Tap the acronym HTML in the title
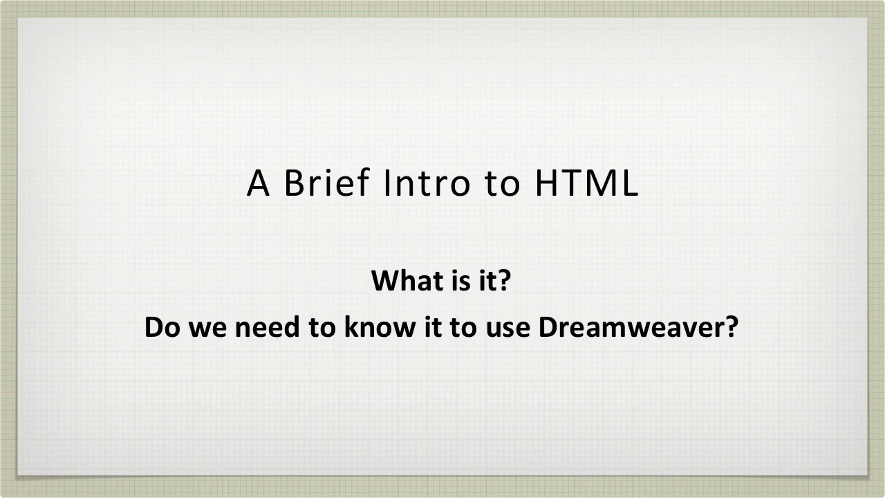point(586,183)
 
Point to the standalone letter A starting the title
point(259,183)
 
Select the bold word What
point(400,281)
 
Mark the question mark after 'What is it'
point(503,281)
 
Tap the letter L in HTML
point(629,183)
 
